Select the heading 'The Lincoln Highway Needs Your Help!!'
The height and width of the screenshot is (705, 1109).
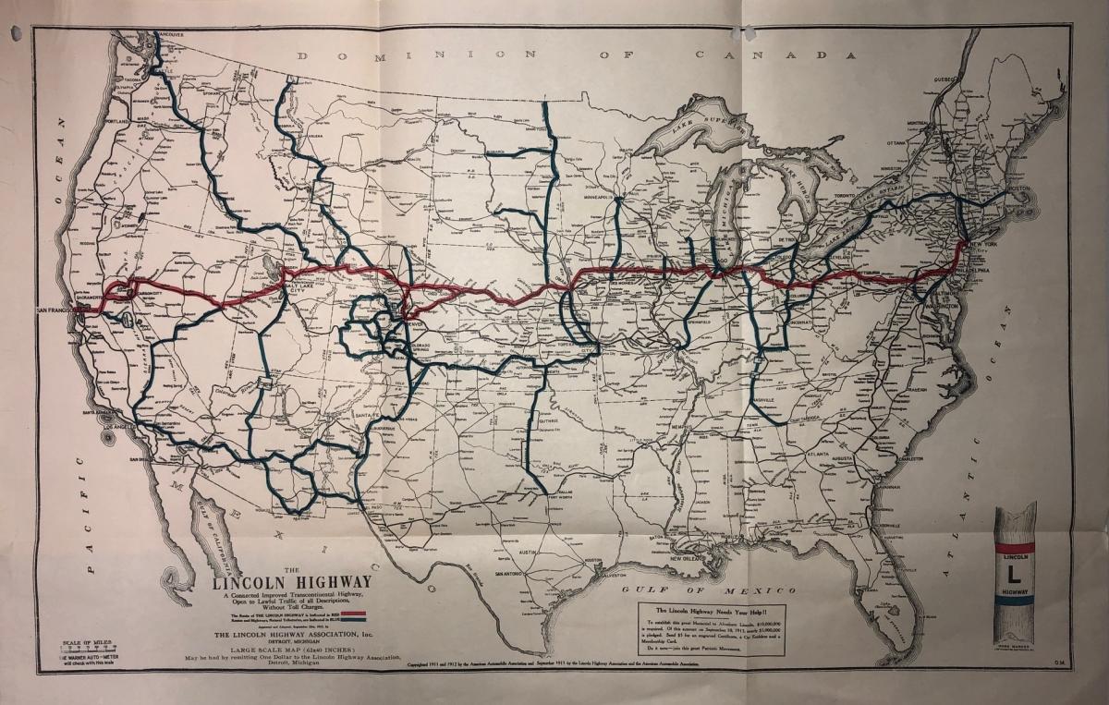pos(712,611)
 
